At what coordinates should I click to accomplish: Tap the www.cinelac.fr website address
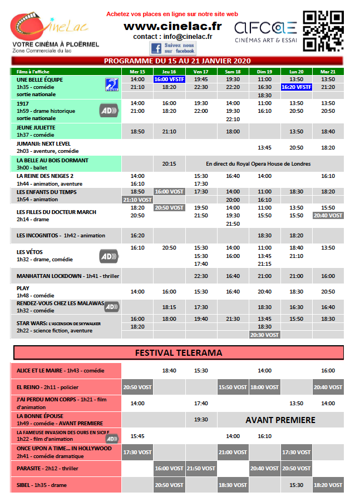[x=172, y=26]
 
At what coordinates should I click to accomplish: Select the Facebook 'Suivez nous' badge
[x=172, y=48]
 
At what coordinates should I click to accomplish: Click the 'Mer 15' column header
[x=137, y=72]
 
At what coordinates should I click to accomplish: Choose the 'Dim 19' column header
[x=265, y=72]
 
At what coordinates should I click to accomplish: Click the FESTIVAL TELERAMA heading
[x=179, y=352]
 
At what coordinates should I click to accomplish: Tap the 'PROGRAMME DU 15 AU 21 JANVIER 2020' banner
[x=177, y=61]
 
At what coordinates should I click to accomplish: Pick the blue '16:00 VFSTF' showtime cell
[x=169, y=79]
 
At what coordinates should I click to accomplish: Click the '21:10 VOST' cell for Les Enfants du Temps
[x=137, y=200]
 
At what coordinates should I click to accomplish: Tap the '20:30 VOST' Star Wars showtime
[x=265, y=335]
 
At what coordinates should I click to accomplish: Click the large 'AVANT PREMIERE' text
[x=280, y=420]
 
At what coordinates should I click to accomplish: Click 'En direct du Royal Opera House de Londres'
[x=258, y=164]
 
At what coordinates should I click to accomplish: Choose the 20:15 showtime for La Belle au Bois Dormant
[x=169, y=164]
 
